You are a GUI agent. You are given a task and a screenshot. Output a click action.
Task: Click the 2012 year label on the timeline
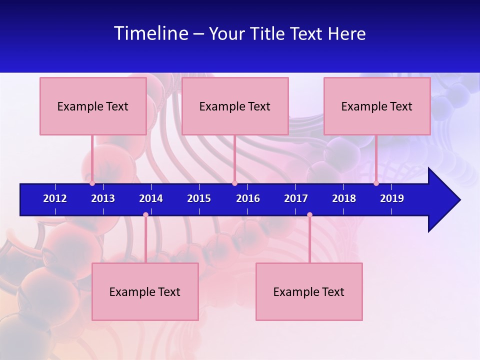55,198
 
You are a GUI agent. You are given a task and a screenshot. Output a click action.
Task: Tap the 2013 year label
103,198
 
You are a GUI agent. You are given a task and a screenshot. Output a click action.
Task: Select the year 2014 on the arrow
151,198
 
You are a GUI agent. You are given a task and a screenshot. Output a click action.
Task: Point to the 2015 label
199,198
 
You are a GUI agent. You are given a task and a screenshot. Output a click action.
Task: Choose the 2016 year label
248,198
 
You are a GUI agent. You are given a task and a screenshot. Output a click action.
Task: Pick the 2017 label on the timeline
296,198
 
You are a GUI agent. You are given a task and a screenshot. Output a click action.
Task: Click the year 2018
344,198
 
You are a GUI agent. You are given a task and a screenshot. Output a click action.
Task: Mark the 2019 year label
392,198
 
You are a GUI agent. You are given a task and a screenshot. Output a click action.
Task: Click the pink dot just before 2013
92,183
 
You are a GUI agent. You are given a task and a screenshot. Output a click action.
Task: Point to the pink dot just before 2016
234,183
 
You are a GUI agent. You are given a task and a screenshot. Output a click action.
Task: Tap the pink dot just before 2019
376,183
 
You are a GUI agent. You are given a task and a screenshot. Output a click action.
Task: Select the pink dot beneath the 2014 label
145,215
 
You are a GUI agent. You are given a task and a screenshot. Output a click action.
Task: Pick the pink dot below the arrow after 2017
309,215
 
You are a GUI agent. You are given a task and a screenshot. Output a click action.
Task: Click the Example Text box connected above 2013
93,106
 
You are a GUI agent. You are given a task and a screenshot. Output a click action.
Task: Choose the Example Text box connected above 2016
235,106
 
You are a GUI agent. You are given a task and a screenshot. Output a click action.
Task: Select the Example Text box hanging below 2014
145,291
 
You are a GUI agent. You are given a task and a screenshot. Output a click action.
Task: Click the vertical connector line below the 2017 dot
309,240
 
